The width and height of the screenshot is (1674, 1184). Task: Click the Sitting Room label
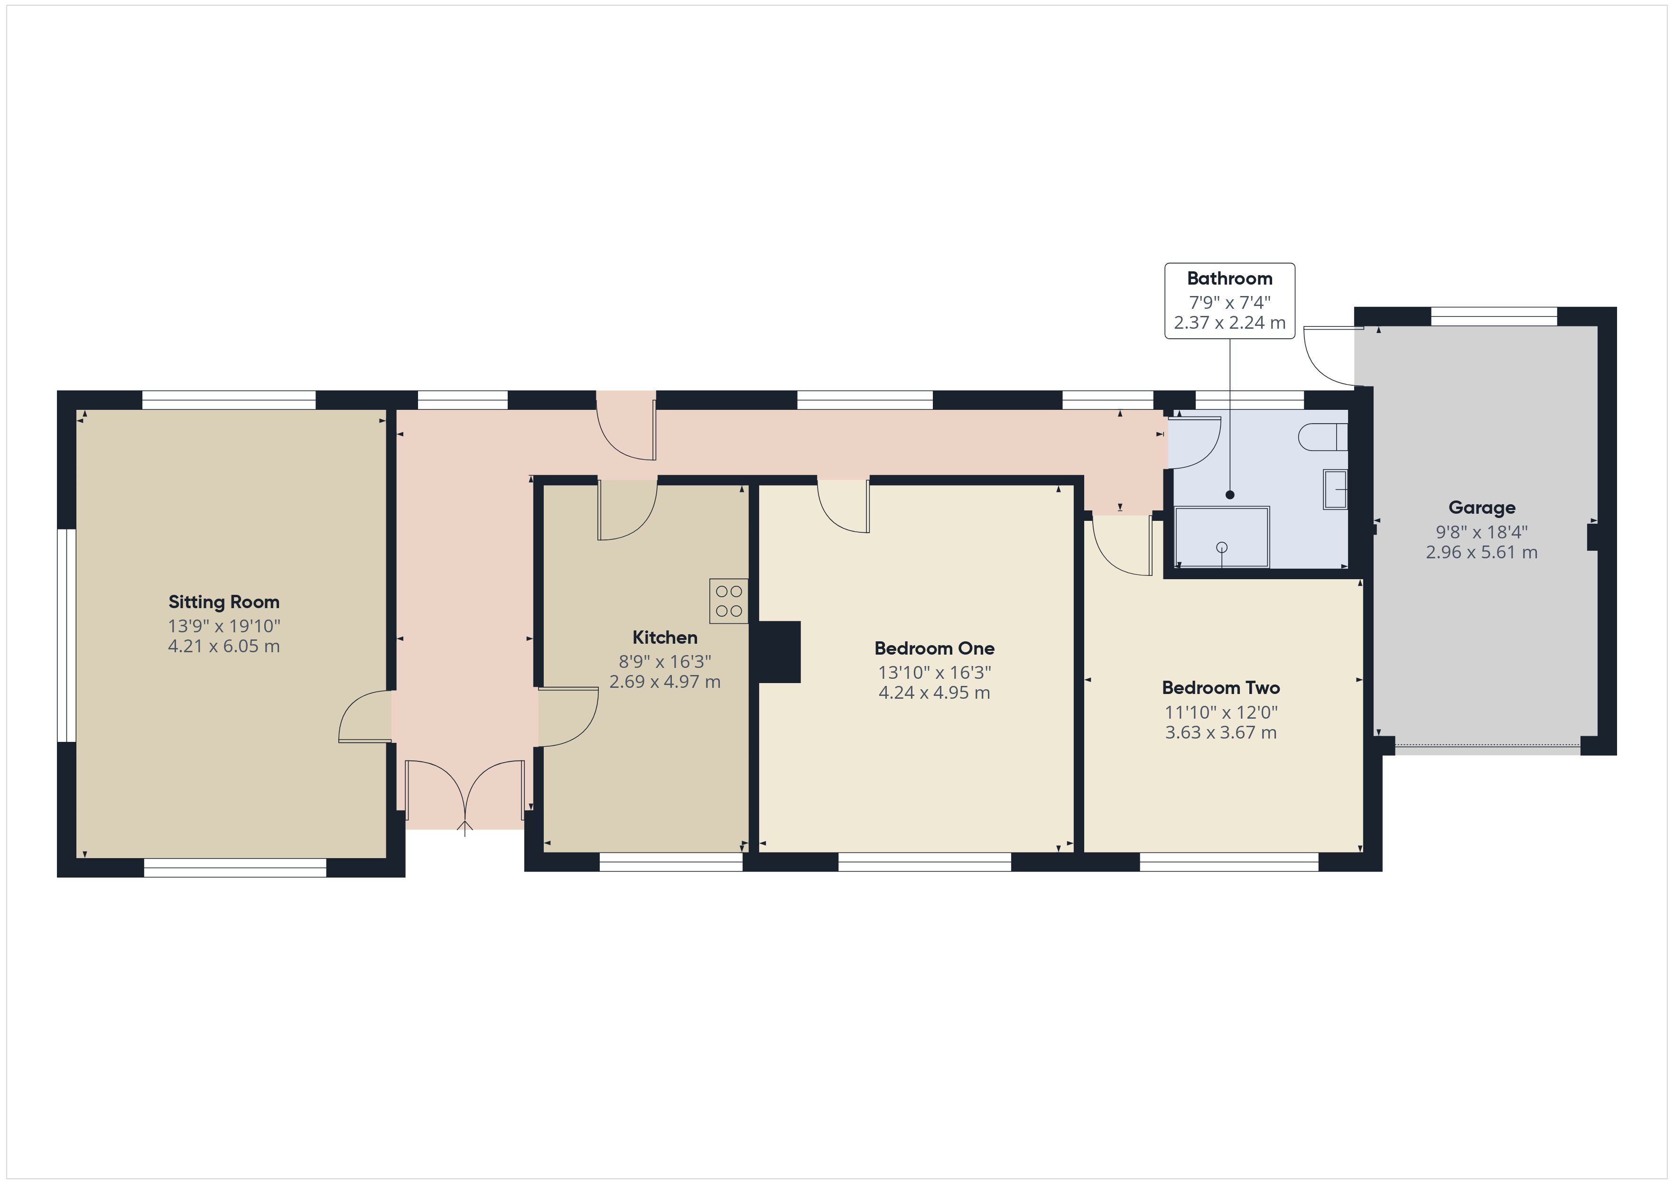(x=224, y=602)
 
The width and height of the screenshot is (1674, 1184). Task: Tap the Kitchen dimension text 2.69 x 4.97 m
(x=665, y=682)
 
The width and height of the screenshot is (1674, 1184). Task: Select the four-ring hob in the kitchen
(x=728, y=601)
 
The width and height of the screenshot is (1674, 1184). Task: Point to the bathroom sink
(x=1335, y=489)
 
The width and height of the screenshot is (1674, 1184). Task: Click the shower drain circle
(x=1223, y=547)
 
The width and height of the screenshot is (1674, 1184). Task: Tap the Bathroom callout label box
(x=1230, y=301)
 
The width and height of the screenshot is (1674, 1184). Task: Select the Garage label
(x=1481, y=508)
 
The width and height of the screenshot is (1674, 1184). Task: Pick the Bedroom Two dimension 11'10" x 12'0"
(x=1221, y=712)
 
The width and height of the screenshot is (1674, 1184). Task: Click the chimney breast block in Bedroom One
(x=780, y=652)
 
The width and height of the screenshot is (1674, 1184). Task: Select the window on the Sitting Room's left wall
(x=66, y=636)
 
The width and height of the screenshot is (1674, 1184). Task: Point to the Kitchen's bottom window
(x=671, y=862)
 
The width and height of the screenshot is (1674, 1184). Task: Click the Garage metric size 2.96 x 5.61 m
(x=1481, y=553)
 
